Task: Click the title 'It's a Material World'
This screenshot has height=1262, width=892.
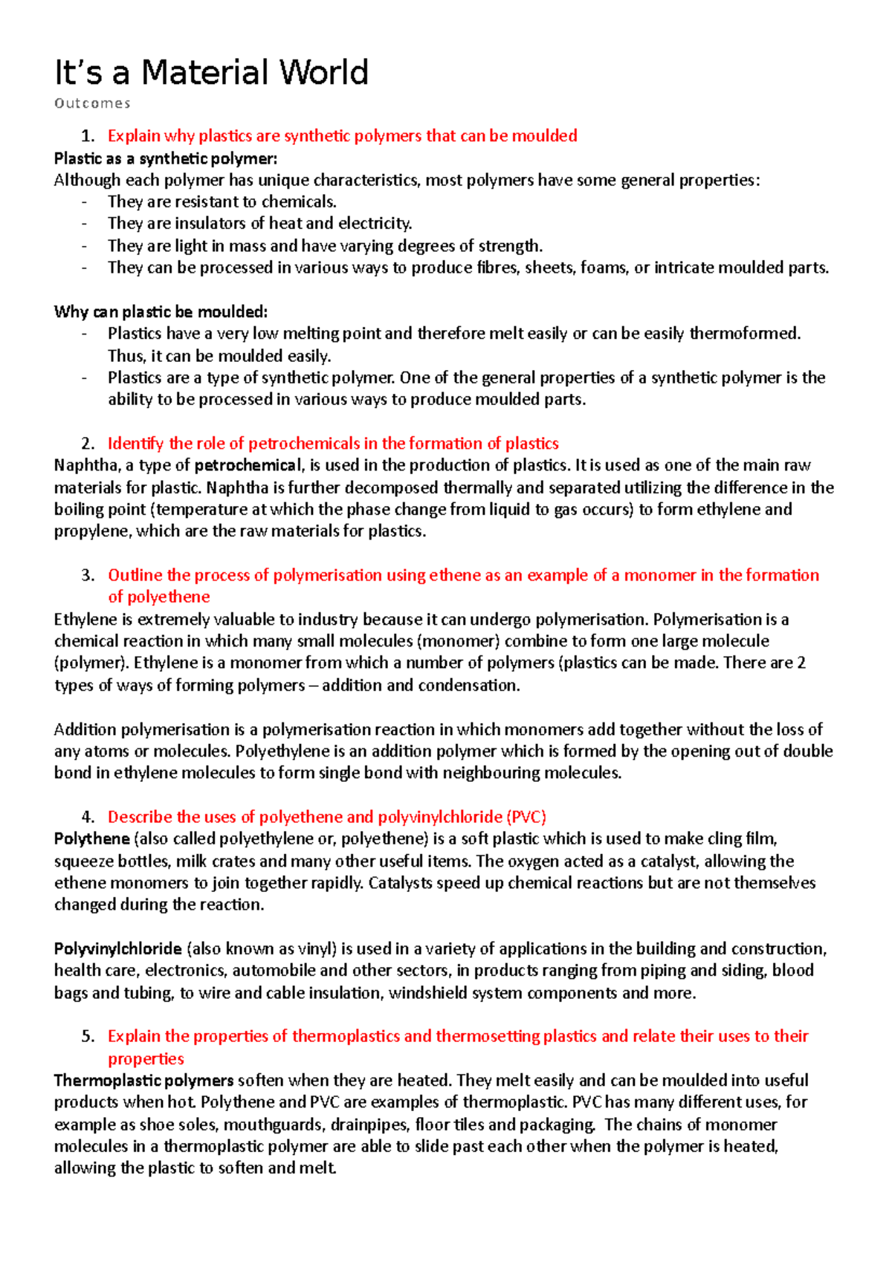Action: point(211,73)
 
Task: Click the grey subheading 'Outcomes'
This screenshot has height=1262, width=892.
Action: point(92,103)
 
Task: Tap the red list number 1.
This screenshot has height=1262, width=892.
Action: point(88,136)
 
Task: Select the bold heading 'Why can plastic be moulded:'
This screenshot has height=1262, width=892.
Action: point(161,311)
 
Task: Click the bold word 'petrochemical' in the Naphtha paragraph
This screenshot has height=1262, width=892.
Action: point(248,465)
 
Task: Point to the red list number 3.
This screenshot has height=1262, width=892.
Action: point(88,575)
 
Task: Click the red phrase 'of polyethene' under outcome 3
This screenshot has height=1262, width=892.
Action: point(158,597)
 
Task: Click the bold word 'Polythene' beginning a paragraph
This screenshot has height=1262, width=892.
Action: point(92,839)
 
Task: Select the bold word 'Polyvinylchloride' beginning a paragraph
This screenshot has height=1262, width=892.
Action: point(118,949)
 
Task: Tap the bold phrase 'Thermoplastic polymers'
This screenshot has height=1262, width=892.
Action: point(144,1081)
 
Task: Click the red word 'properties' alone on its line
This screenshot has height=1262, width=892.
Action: point(146,1058)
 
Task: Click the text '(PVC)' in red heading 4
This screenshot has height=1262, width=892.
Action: point(526,817)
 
